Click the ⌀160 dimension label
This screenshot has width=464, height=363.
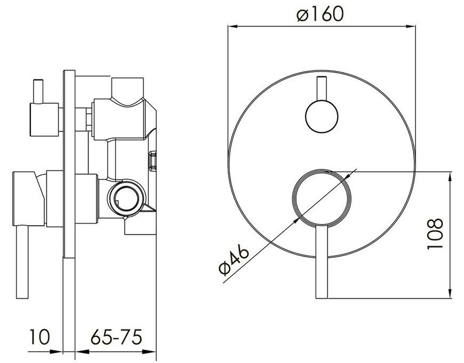click(x=320, y=14)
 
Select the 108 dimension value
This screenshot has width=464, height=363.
click(x=435, y=234)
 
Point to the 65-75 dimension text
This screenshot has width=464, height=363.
click(x=116, y=337)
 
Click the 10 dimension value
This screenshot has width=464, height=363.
click(x=39, y=337)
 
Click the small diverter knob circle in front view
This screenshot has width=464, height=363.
click(x=322, y=116)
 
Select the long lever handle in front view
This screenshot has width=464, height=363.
click(x=322, y=262)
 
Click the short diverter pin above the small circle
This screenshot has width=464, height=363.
click(x=322, y=89)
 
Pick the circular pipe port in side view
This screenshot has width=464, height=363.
click(x=126, y=198)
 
